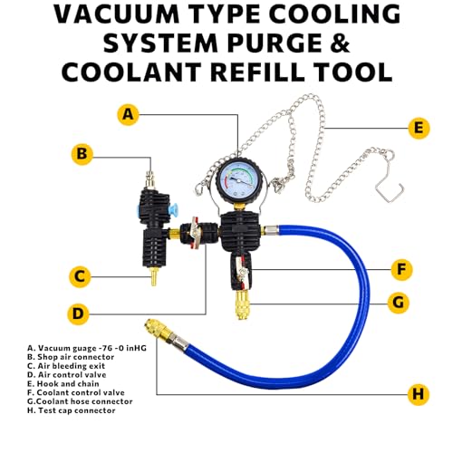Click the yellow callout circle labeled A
point(129,114)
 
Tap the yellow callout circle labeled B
point(82,154)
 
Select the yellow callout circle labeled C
point(80,276)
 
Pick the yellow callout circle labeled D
point(78,313)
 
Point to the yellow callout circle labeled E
point(419,128)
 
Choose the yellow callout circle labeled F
point(401,269)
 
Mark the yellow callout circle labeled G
point(399,303)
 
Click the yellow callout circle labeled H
point(419,394)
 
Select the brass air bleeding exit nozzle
point(154,276)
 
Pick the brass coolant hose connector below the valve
point(241,304)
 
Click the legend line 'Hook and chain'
point(63,384)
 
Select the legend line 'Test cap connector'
point(72,410)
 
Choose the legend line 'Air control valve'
point(67,375)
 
